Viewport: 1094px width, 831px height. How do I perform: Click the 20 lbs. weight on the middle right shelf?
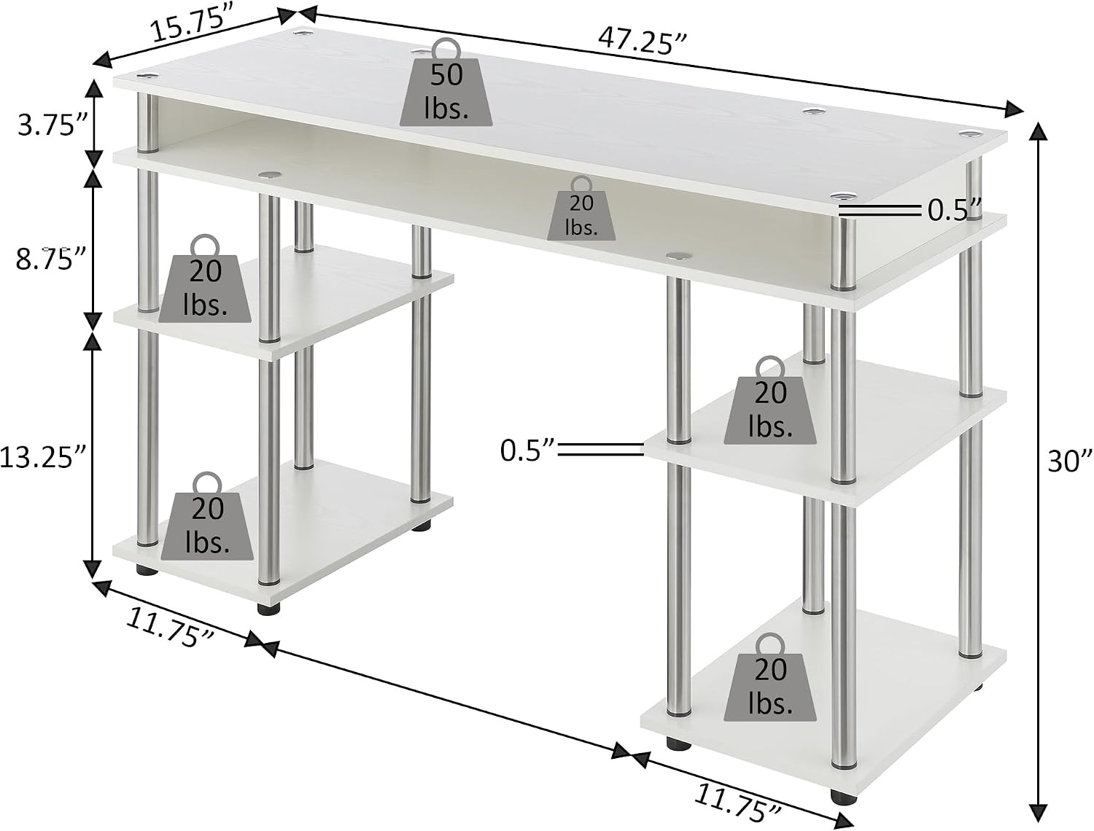(770, 401)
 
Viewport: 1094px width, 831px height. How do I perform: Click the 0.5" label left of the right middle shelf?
(528, 450)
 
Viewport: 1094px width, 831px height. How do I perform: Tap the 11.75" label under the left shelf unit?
(170, 629)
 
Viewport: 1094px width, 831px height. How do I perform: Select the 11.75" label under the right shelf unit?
(737, 801)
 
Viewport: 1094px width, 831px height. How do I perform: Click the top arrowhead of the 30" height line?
(1038, 130)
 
